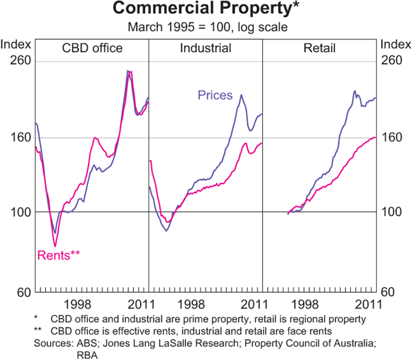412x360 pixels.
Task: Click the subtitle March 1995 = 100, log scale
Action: (x=205, y=27)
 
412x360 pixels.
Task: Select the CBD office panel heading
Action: (x=92, y=48)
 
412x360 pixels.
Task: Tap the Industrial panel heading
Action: (x=205, y=48)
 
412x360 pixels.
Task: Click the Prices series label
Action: (x=215, y=95)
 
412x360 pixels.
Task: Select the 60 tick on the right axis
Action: (x=393, y=291)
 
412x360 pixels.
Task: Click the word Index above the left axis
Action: (x=16, y=45)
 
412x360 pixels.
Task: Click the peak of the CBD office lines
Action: (x=128, y=70)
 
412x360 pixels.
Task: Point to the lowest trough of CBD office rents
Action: (x=54, y=246)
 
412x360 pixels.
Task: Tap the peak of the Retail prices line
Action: (x=355, y=90)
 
